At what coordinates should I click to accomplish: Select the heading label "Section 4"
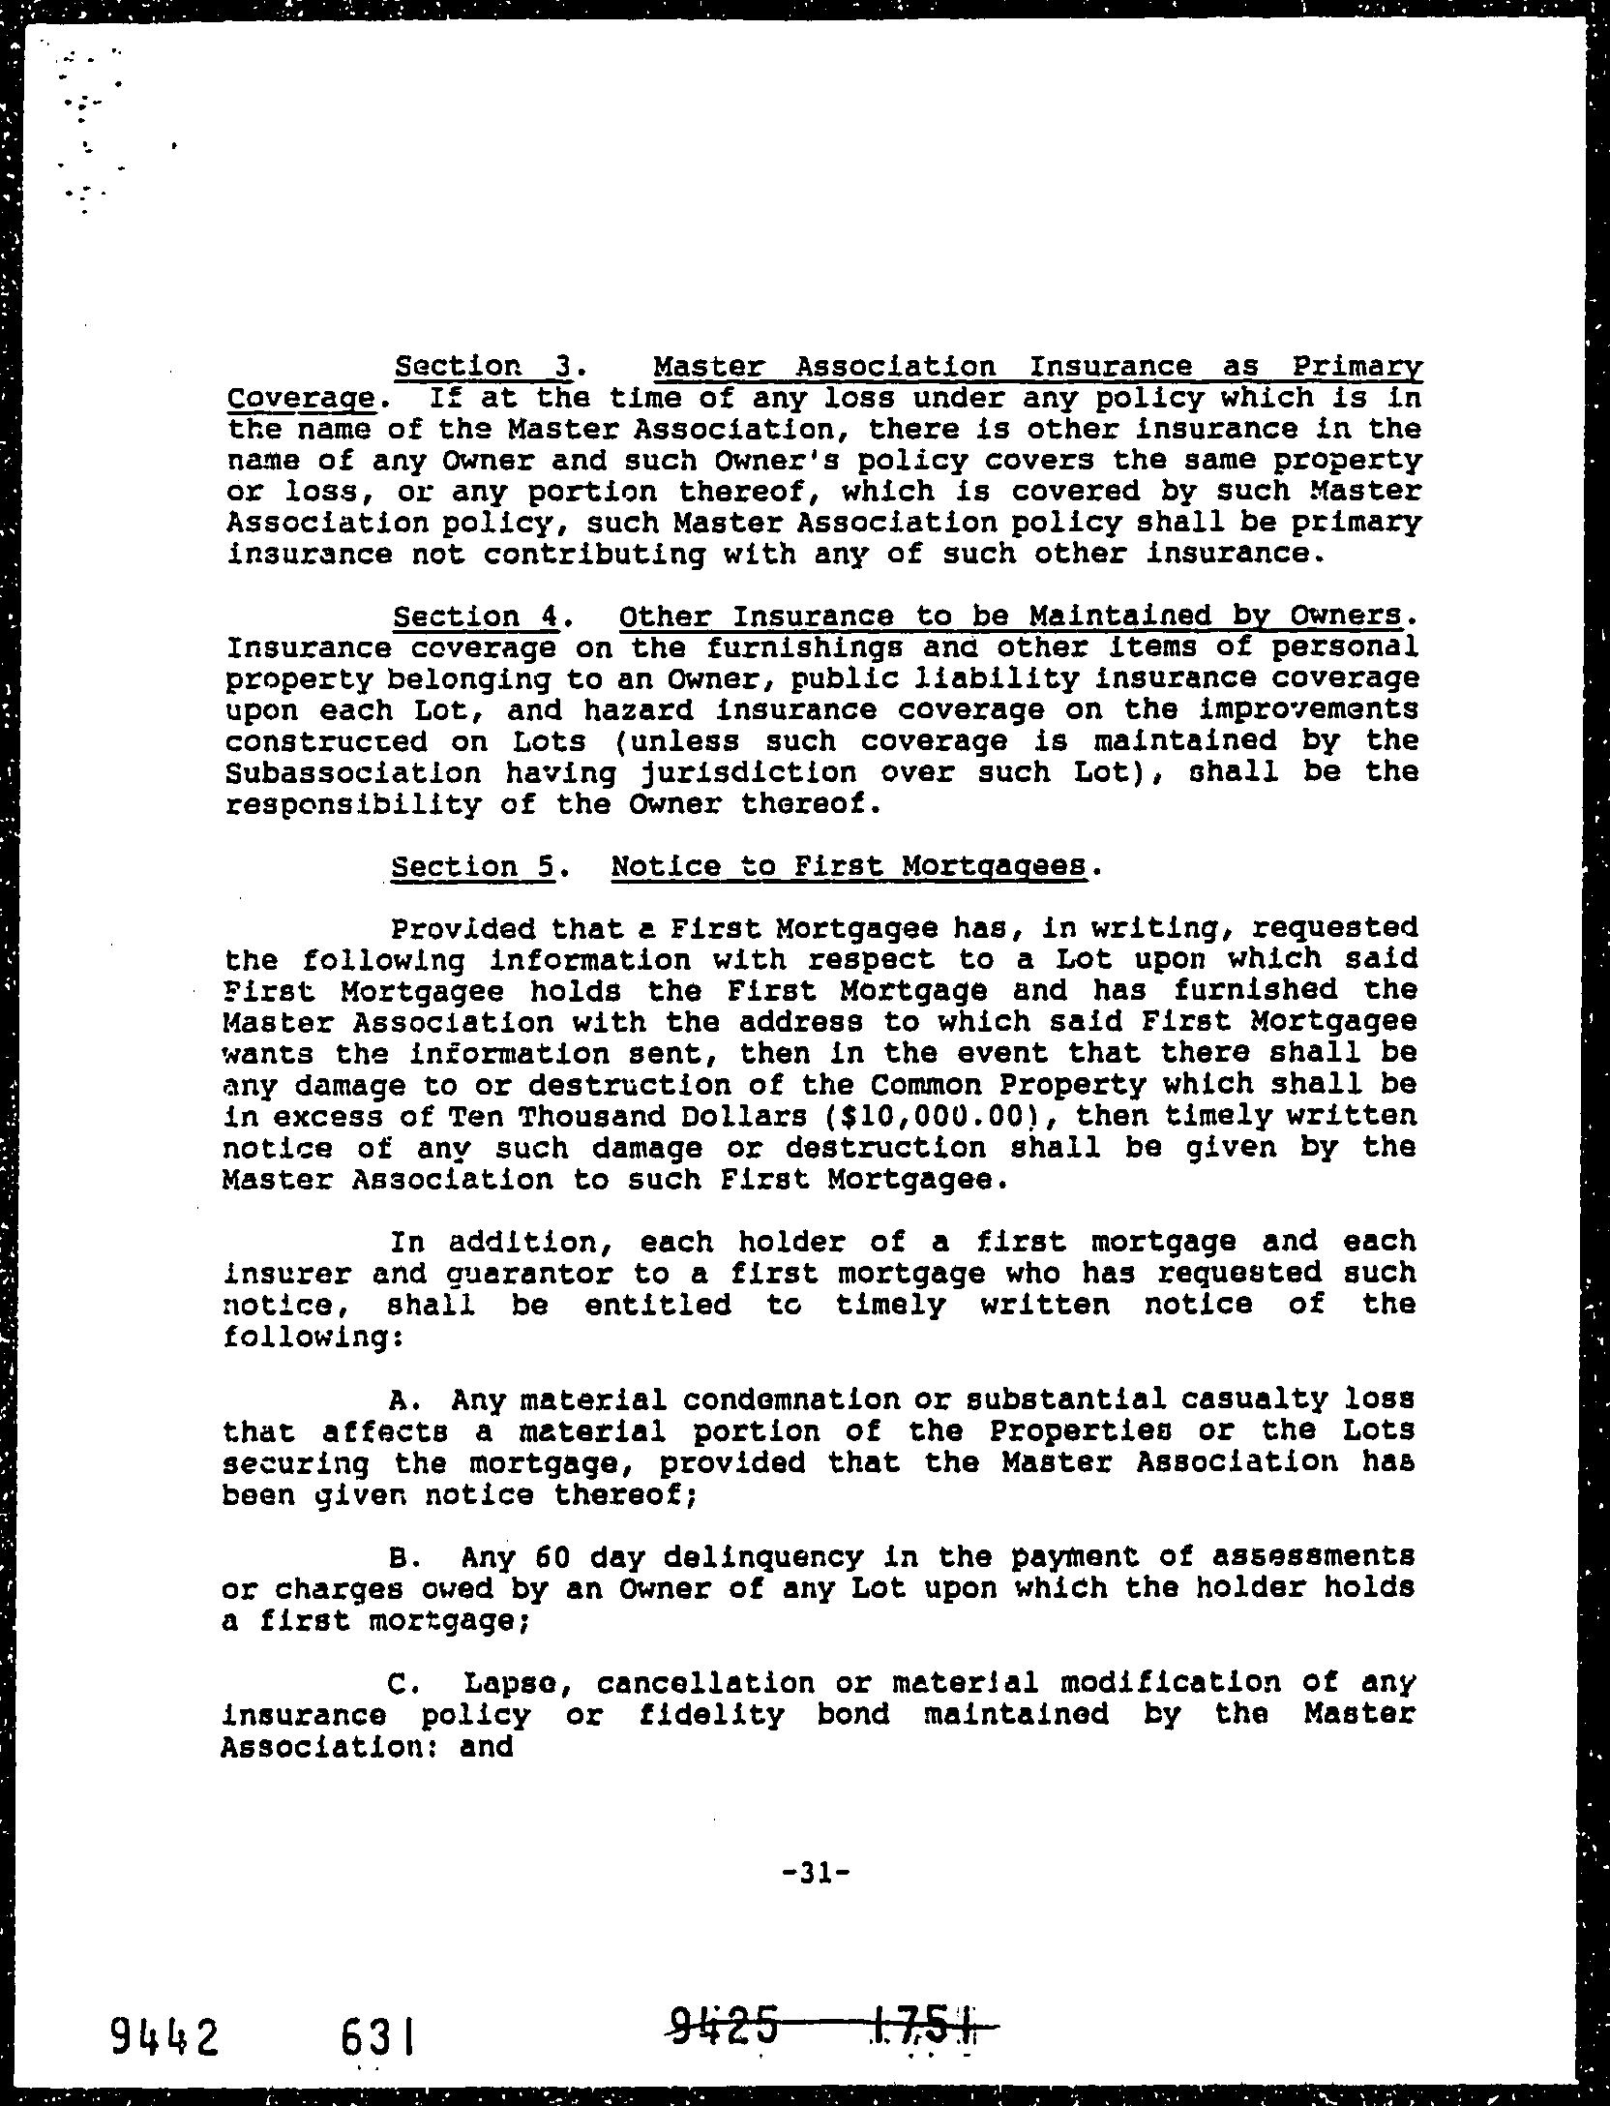pyautogui.click(x=475, y=617)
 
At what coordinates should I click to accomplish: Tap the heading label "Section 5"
pyautogui.click(x=473, y=865)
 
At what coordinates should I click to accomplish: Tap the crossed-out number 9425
pyautogui.click(x=724, y=2019)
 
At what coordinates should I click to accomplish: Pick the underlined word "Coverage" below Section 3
pyautogui.click(x=299, y=399)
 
